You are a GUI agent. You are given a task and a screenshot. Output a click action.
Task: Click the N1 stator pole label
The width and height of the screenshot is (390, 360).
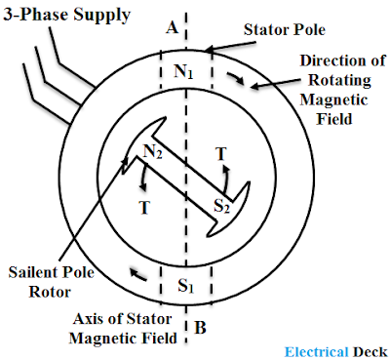(x=184, y=71)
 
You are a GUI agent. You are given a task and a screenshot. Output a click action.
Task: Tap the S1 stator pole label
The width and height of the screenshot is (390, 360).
(x=186, y=286)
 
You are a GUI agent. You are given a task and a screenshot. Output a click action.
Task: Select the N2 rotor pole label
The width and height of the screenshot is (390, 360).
(x=152, y=151)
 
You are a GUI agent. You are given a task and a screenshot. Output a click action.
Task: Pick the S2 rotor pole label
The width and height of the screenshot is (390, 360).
(x=221, y=206)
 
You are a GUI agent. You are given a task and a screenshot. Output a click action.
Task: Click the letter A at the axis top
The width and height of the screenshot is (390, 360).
(x=173, y=27)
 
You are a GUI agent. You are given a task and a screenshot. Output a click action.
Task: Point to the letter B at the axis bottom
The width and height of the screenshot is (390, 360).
(x=201, y=328)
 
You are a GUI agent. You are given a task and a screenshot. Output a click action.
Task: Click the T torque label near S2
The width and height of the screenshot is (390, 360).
(x=221, y=154)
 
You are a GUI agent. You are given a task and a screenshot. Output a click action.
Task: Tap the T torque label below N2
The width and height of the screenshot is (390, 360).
(x=144, y=208)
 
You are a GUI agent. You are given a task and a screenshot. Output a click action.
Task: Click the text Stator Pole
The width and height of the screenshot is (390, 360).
(x=285, y=29)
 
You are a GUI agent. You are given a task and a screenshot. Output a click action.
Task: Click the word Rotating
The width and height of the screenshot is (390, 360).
(x=339, y=80)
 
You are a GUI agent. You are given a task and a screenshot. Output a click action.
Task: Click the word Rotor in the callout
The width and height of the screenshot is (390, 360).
(x=50, y=292)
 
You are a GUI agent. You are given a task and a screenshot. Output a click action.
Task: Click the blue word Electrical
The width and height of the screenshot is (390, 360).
(x=316, y=352)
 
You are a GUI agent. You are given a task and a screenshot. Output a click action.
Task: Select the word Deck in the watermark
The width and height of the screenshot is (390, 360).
(x=370, y=352)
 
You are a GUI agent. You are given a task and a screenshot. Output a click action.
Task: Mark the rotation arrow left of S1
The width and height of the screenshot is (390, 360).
(x=138, y=274)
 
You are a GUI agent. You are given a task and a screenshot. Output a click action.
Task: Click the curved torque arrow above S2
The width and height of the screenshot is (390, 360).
(x=225, y=179)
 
